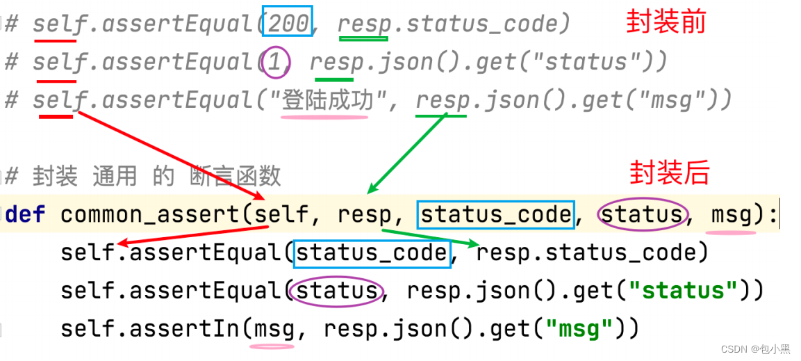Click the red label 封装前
pyautogui.click(x=666, y=22)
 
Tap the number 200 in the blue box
pyautogui.click(x=288, y=24)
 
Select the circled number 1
pyautogui.click(x=275, y=63)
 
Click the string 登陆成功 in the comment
pyautogui.click(x=324, y=101)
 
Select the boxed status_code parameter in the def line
pyautogui.click(x=495, y=214)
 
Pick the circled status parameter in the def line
pyautogui.click(x=641, y=214)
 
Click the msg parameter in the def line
pyautogui.click(x=732, y=214)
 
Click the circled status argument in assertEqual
pyautogui.click(x=337, y=289)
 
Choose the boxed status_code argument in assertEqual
pyautogui.click(x=371, y=252)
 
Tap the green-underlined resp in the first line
pyautogui.click(x=363, y=24)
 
